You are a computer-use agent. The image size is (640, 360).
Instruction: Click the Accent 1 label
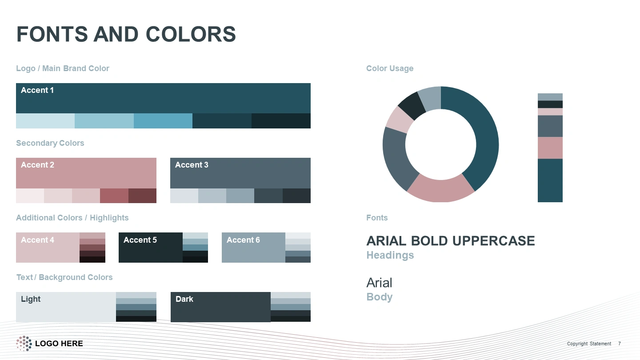point(37,90)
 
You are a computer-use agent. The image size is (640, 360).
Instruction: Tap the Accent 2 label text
point(37,165)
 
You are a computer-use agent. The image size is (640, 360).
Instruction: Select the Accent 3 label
point(192,165)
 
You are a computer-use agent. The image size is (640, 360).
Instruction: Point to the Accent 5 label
point(140,240)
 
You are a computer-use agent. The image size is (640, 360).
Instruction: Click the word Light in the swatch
point(31,299)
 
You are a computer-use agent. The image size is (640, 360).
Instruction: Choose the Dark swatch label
point(184,299)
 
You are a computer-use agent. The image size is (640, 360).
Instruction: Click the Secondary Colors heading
point(50,143)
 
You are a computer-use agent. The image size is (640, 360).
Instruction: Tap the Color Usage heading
point(390,68)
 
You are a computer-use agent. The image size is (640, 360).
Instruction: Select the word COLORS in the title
point(191,34)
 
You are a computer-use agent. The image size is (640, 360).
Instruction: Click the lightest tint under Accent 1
point(45,121)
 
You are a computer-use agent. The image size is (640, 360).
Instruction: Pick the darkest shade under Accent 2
point(142,196)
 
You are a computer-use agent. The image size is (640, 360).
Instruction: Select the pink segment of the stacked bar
point(550,148)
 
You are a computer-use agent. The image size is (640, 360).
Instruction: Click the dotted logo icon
point(24,344)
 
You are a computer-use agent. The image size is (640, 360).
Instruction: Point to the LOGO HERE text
point(59,344)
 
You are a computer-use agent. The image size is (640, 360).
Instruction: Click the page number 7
point(620,344)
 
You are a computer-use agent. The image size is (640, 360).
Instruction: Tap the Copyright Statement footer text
point(589,344)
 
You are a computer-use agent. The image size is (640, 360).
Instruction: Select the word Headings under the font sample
point(390,255)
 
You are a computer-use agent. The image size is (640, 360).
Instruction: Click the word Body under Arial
point(380,297)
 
